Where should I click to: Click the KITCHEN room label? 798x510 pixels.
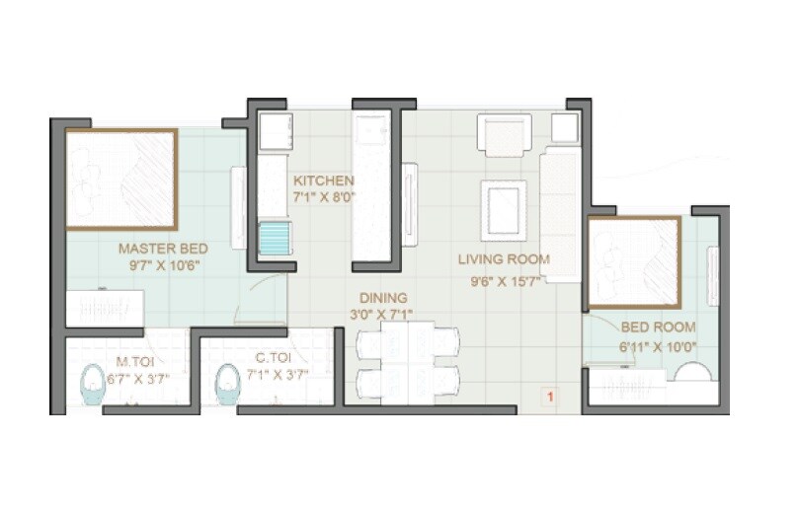click(323, 181)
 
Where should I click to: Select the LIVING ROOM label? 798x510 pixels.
click(504, 259)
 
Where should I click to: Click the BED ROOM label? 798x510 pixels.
click(658, 327)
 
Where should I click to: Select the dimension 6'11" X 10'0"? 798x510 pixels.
click(658, 346)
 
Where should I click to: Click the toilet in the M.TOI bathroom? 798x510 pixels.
click(93, 384)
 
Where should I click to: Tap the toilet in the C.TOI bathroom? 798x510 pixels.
click(228, 384)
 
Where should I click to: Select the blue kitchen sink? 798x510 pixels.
click(275, 239)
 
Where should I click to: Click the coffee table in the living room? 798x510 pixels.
click(504, 210)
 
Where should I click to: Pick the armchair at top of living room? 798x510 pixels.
click(504, 134)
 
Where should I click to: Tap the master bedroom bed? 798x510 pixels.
click(121, 180)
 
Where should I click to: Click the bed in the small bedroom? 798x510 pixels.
click(633, 262)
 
